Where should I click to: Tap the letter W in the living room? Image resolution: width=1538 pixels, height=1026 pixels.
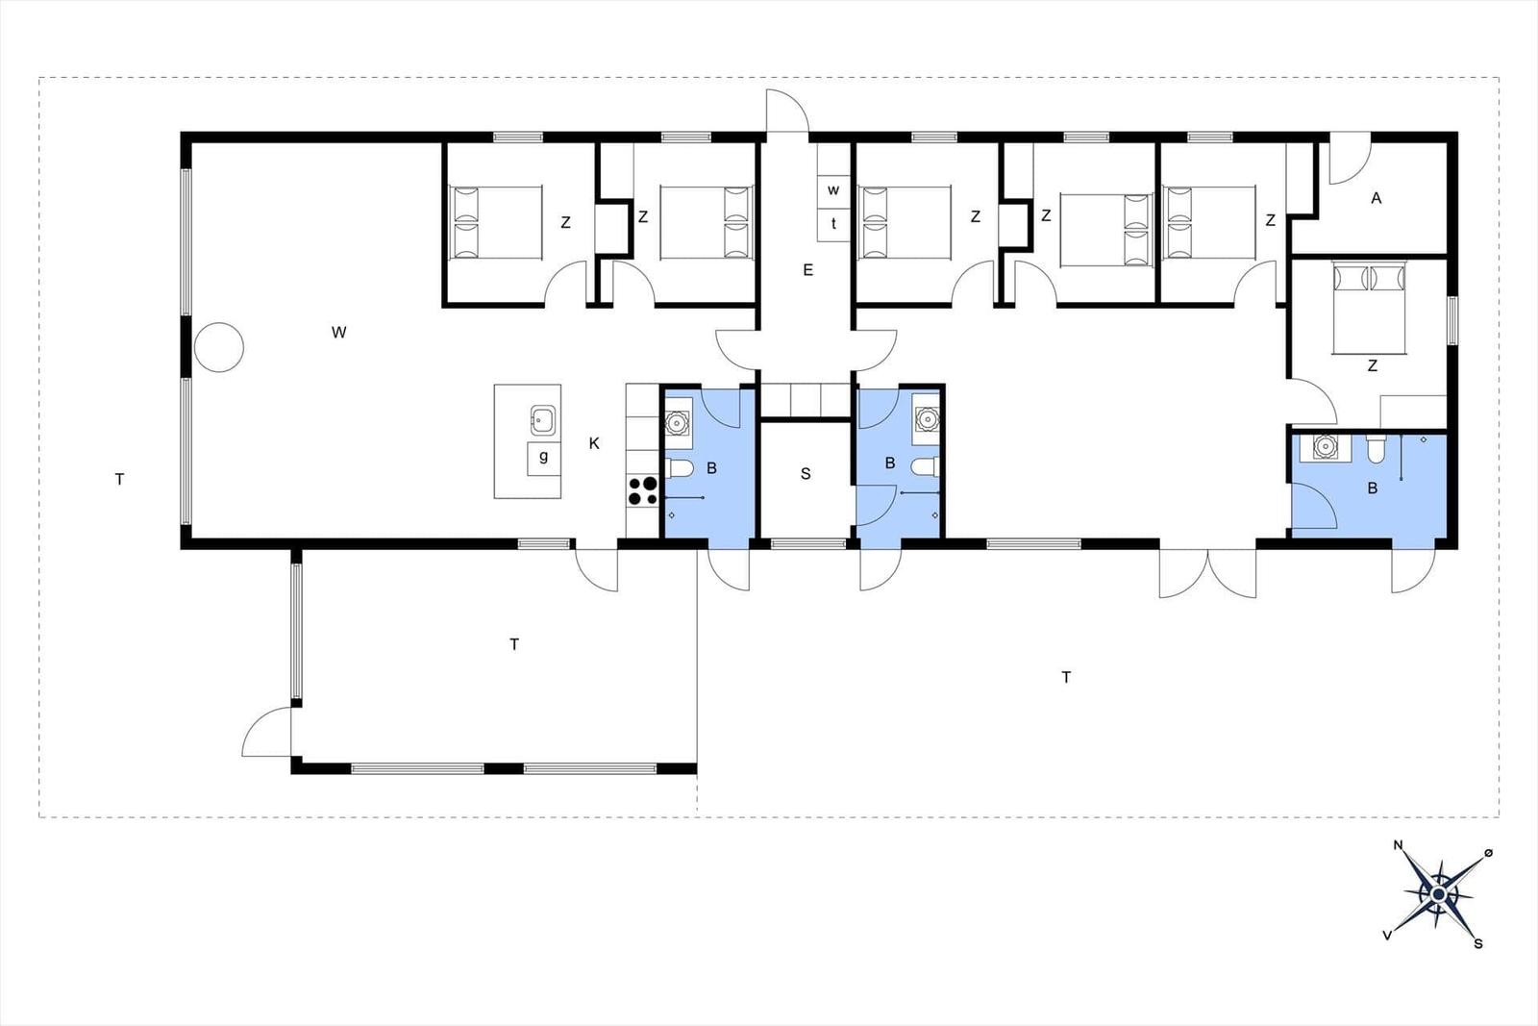pyautogui.click(x=338, y=333)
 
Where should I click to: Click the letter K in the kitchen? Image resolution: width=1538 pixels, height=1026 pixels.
pyautogui.click(x=594, y=443)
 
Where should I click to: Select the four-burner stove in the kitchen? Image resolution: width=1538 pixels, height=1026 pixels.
pyautogui.click(x=643, y=490)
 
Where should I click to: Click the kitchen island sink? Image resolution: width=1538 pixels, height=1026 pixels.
pyautogui.click(x=542, y=419)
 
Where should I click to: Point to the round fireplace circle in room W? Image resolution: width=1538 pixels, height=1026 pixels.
pyautogui.click(x=219, y=347)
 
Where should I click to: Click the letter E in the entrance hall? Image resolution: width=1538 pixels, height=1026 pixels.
pyautogui.click(x=808, y=270)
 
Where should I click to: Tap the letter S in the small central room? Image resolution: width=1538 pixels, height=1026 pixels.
pyautogui.click(x=806, y=474)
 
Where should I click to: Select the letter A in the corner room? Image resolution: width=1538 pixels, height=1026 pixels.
pyautogui.click(x=1376, y=198)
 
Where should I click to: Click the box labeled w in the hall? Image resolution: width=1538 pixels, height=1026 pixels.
pyautogui.click(x=833, y=190)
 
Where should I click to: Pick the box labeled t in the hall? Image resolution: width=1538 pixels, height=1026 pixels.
pyautogui.click(x=833, y=223)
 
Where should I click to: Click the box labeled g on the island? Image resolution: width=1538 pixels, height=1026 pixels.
pyautogui.click(x=544, y=459)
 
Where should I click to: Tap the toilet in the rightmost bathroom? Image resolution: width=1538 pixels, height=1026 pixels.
pyautogui.click(x=1376, y=449)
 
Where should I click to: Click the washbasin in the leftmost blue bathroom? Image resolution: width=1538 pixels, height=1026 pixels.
pyautogui.click(x=678, y=422)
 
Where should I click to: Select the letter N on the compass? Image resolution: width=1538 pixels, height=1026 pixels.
pyautogui.click(x=1398, y=844)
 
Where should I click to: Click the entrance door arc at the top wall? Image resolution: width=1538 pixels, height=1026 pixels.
pyautogui.click(x=787, y=110)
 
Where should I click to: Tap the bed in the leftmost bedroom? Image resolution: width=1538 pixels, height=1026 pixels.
pyautogui.click(x=496, y=222)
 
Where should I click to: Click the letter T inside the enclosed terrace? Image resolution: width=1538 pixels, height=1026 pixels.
pyautogui.click(x=514, y=644)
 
